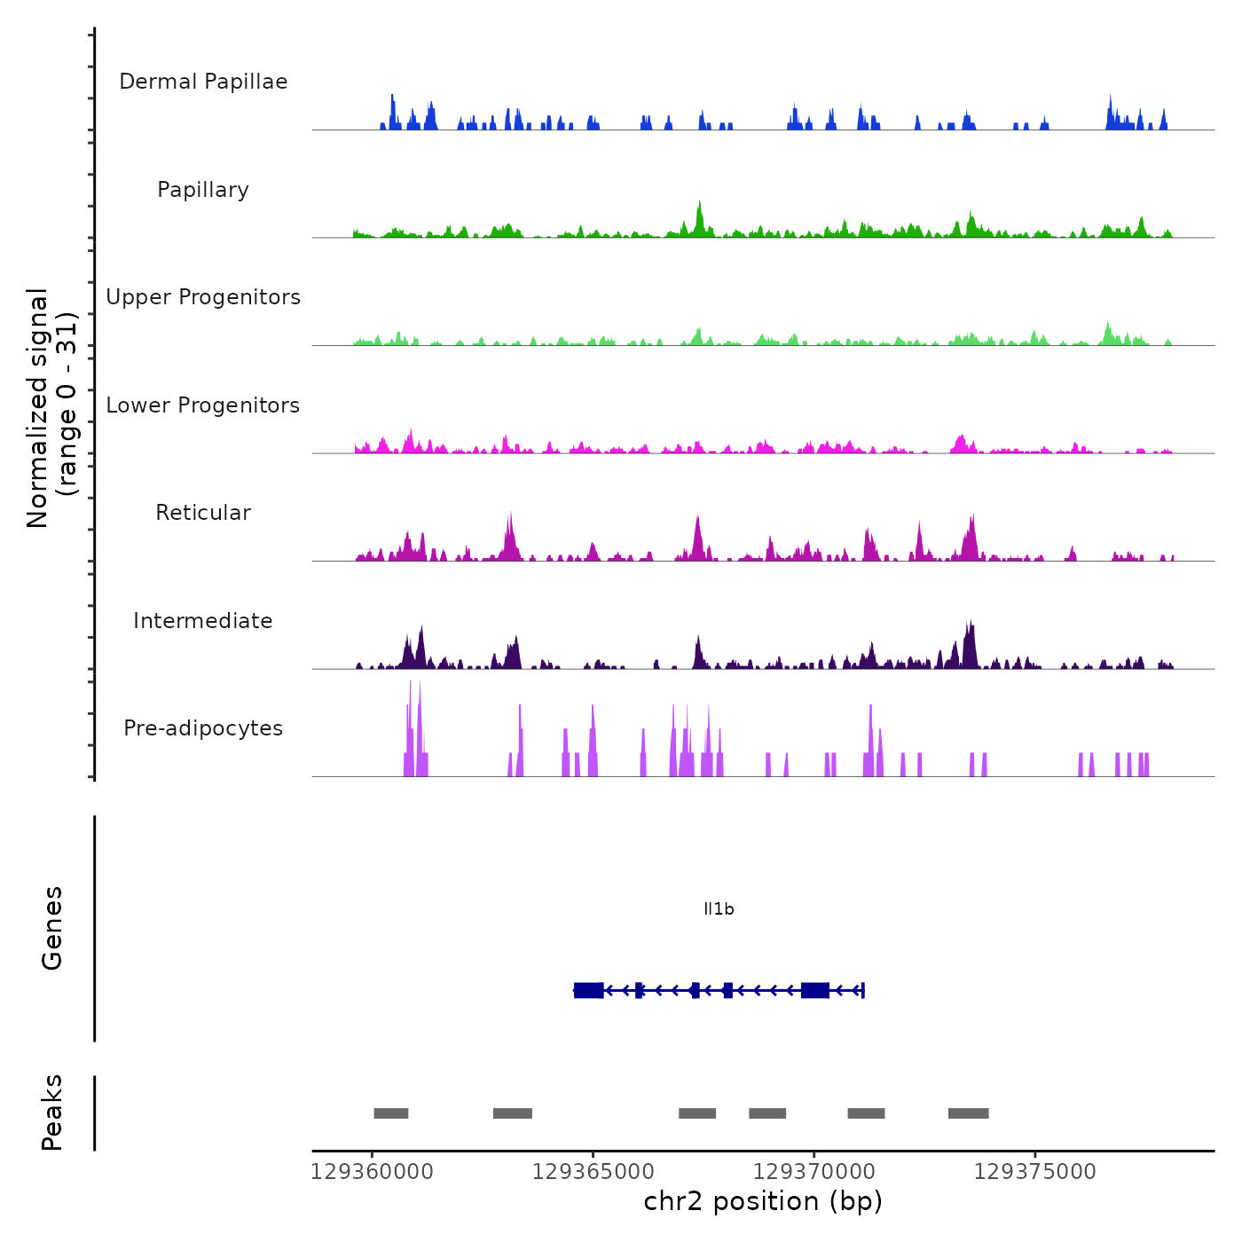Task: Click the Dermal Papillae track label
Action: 203,82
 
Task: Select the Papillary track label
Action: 203,190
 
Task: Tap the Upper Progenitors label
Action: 203,297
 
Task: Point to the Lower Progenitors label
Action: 203,405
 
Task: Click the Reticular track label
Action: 203,513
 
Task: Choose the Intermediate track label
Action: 203,621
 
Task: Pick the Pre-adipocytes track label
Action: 203,728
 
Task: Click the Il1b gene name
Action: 719,909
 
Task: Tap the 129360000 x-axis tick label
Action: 372,1172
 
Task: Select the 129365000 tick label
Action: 593,1172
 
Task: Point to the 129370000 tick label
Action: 814,1172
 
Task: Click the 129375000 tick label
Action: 1034,1172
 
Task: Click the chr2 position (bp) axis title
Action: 763,1201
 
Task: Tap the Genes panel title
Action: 52,928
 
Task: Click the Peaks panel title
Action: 52,1112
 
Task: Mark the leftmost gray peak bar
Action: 391,1113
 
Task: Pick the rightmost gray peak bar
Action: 968,1113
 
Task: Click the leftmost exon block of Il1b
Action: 588,990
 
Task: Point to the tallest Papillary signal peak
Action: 700,217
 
